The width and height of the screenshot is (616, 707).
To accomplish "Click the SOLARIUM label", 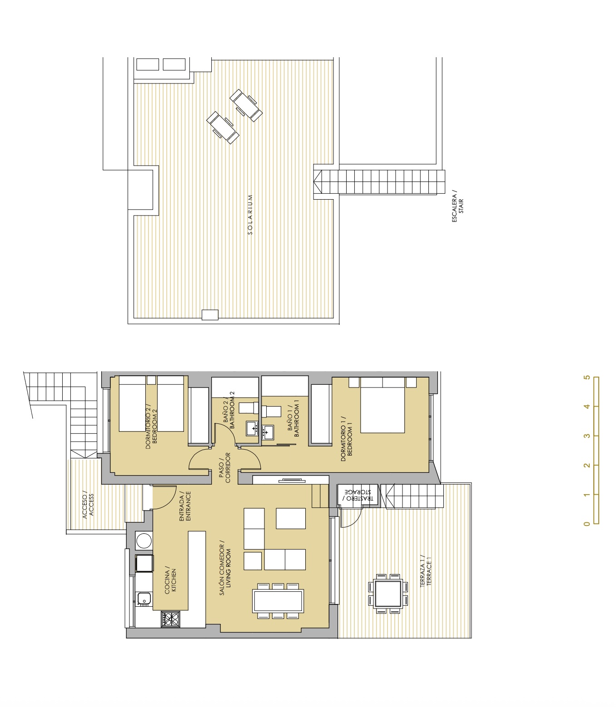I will pos(250,215).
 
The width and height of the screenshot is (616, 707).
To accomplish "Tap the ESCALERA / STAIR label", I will pos(458,206).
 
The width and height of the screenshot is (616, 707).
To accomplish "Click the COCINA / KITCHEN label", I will pos(170,579).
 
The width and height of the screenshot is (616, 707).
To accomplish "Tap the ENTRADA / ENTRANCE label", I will pos(185,506).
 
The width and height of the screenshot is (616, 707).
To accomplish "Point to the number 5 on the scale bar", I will pos(587,378).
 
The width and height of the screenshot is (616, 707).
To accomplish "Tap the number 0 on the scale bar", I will pos(587,524).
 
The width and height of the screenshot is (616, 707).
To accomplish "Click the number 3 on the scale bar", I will pos(587,436).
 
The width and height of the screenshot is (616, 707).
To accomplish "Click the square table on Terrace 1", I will pos(388,594).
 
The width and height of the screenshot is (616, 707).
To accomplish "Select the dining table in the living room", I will pos(278,601).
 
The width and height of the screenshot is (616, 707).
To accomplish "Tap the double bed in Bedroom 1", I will pos(383,405).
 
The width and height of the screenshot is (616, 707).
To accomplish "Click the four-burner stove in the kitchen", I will pos(170,619).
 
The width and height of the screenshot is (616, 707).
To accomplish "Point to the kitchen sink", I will pos(144,599).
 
